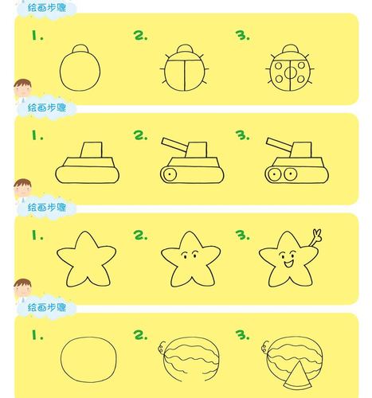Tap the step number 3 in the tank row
tap(241, 135)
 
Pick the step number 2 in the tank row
tap(140, 135)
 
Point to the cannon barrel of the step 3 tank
tap(279, 144)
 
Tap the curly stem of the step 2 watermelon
tap(163, 347)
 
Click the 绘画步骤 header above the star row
tap(51, 207)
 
